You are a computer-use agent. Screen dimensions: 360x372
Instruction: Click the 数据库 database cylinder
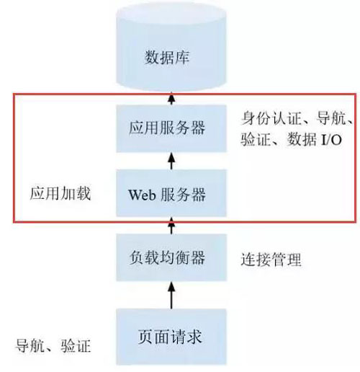[171, 47]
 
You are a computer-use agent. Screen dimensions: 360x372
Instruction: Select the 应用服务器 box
[171, 128]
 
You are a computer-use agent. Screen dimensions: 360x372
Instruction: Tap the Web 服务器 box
[171, 193]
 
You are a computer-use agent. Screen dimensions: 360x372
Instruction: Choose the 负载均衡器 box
[171, 257]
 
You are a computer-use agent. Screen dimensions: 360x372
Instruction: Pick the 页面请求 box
[171, 337]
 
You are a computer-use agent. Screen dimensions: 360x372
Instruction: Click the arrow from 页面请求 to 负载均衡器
[171, 295]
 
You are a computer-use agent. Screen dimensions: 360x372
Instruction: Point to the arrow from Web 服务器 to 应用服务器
[171, 161]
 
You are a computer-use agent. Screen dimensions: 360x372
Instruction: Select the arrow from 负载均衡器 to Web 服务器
[171, 226]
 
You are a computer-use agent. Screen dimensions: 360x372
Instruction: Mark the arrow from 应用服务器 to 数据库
[171, 98]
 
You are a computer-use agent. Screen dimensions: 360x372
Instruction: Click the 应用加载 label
[60, 193]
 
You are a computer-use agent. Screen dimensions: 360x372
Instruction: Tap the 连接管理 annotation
[271, 260]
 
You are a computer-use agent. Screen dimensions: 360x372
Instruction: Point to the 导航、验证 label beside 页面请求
[53, 345]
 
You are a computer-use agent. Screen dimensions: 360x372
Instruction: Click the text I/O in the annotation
[331, 139]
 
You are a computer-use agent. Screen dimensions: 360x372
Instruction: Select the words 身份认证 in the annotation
[271, 118]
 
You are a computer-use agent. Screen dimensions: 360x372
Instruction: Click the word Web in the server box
[142, 195]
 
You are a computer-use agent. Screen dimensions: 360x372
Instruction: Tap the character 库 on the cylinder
[181, 57]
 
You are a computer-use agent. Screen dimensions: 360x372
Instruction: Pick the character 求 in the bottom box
[194, 337]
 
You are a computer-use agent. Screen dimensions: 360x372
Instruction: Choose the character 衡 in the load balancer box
[182, 257]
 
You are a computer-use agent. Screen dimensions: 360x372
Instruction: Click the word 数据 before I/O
[302, 139]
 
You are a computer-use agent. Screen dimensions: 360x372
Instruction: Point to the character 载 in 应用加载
[83, 193]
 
